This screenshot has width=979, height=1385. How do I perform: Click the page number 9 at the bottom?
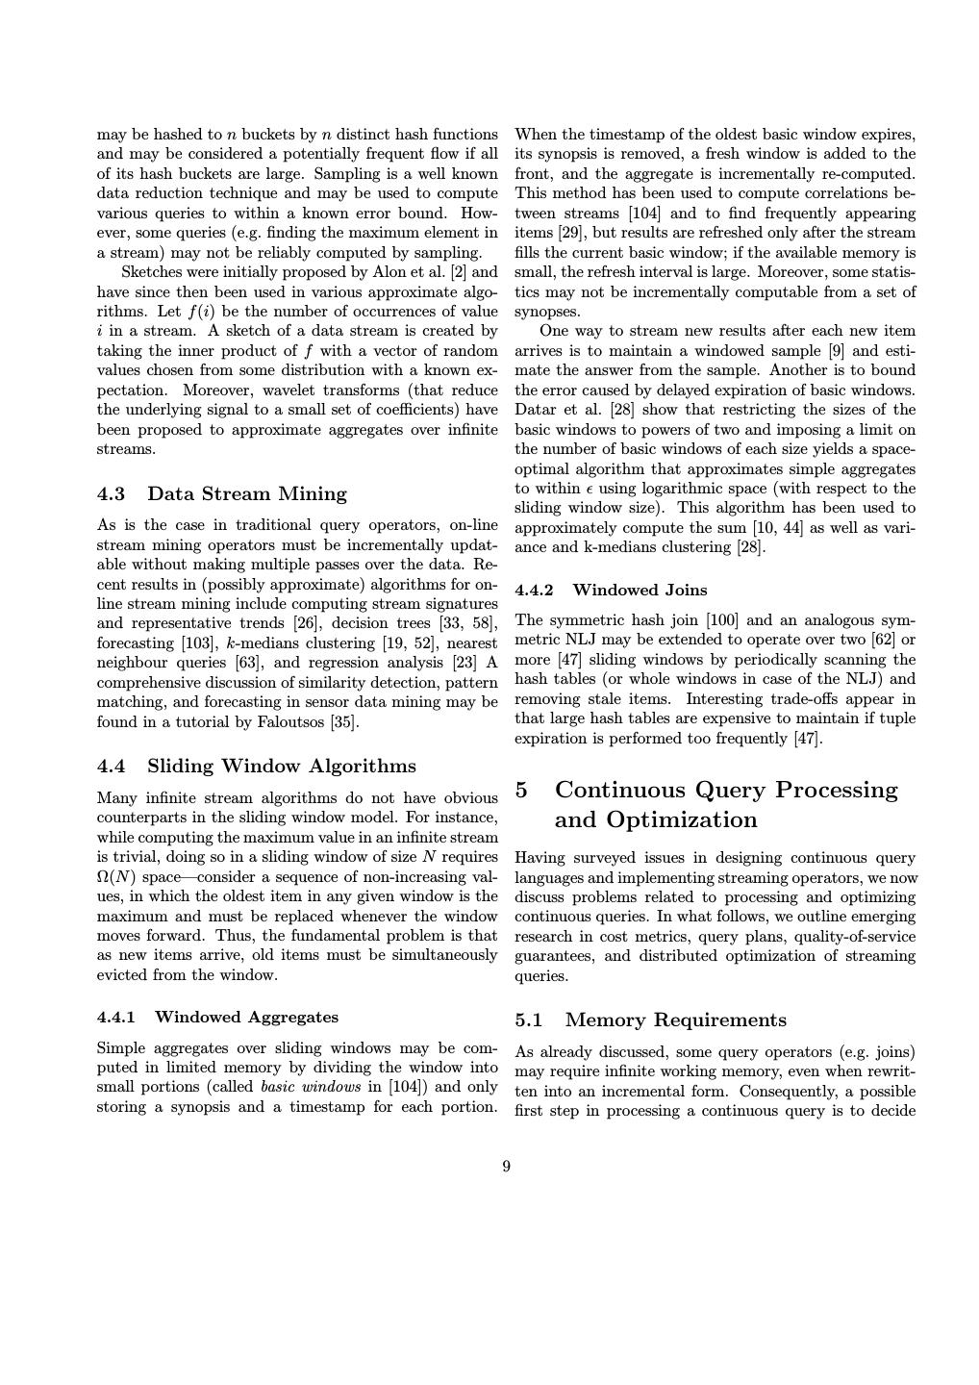point(506,1167)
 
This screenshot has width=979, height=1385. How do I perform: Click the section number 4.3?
point(112,494)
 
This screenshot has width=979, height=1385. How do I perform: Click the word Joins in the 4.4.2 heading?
point(686,591)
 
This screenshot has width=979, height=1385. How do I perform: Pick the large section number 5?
point(521,791)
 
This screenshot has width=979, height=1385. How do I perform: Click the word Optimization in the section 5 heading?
point(655,820)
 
